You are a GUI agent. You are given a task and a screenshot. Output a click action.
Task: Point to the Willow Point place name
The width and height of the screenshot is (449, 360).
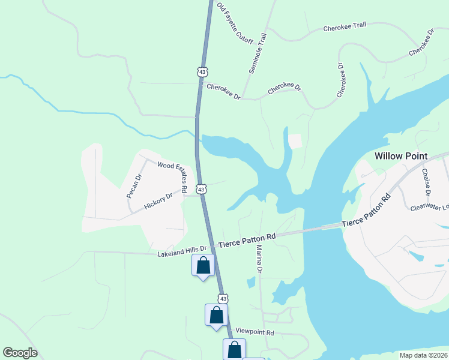400,156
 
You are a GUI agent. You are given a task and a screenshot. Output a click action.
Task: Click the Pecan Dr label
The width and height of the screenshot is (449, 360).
133,186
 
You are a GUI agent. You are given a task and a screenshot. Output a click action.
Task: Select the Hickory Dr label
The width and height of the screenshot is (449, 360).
158,201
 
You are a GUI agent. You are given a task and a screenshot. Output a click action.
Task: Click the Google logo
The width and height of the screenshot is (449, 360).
20,353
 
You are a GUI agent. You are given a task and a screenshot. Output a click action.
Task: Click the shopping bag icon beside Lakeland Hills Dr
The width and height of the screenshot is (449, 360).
203,265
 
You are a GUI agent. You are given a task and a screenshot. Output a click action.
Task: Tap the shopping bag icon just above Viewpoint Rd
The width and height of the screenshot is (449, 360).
216,314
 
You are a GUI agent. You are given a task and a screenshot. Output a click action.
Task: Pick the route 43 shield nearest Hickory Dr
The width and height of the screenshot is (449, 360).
202,189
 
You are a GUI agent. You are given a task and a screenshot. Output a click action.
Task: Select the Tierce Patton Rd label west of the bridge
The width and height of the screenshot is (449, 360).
247,240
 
